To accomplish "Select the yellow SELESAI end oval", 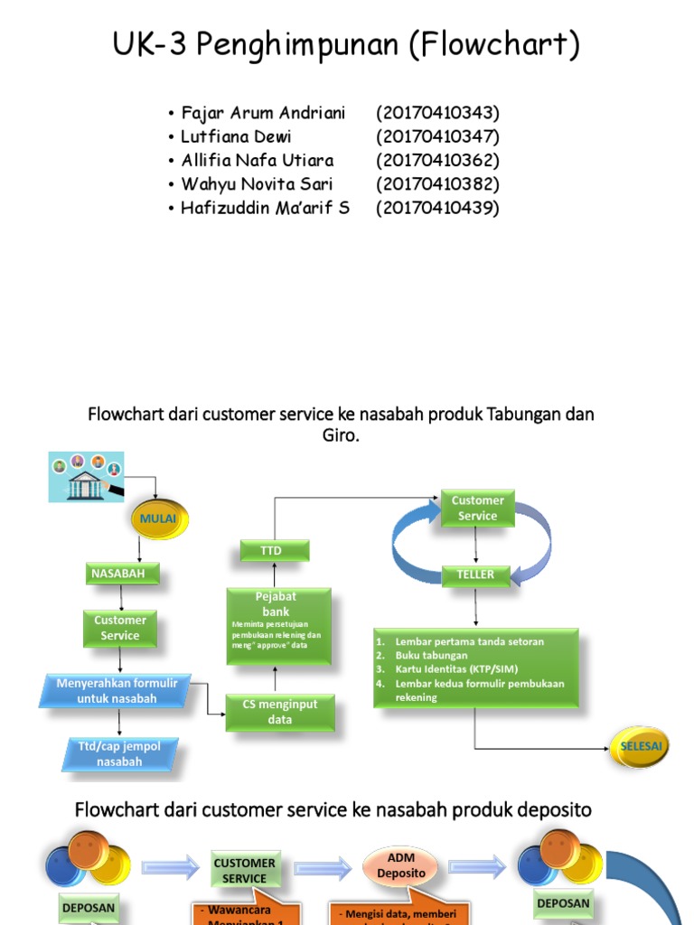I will (x=641, y=746).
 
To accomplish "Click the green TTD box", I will (x=274, y=550).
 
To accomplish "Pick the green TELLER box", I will (x=475, y=575).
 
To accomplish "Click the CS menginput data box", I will (x=280, y=712).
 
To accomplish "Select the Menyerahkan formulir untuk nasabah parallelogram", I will (x=117, y=691).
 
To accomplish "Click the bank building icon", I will (x=85, y=477).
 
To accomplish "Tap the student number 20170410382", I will (x=437, y=184).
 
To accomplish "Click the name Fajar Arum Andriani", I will (x=263, y=113).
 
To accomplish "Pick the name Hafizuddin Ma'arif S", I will (x=265, y=208).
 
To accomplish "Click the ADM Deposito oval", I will (x=401, y=866).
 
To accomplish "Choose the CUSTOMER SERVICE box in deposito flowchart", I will (x=245, y=871).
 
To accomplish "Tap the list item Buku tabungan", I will (x=431, y=656).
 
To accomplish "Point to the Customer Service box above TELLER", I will (x=477, y=508).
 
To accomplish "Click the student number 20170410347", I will (x=437, y=136).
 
